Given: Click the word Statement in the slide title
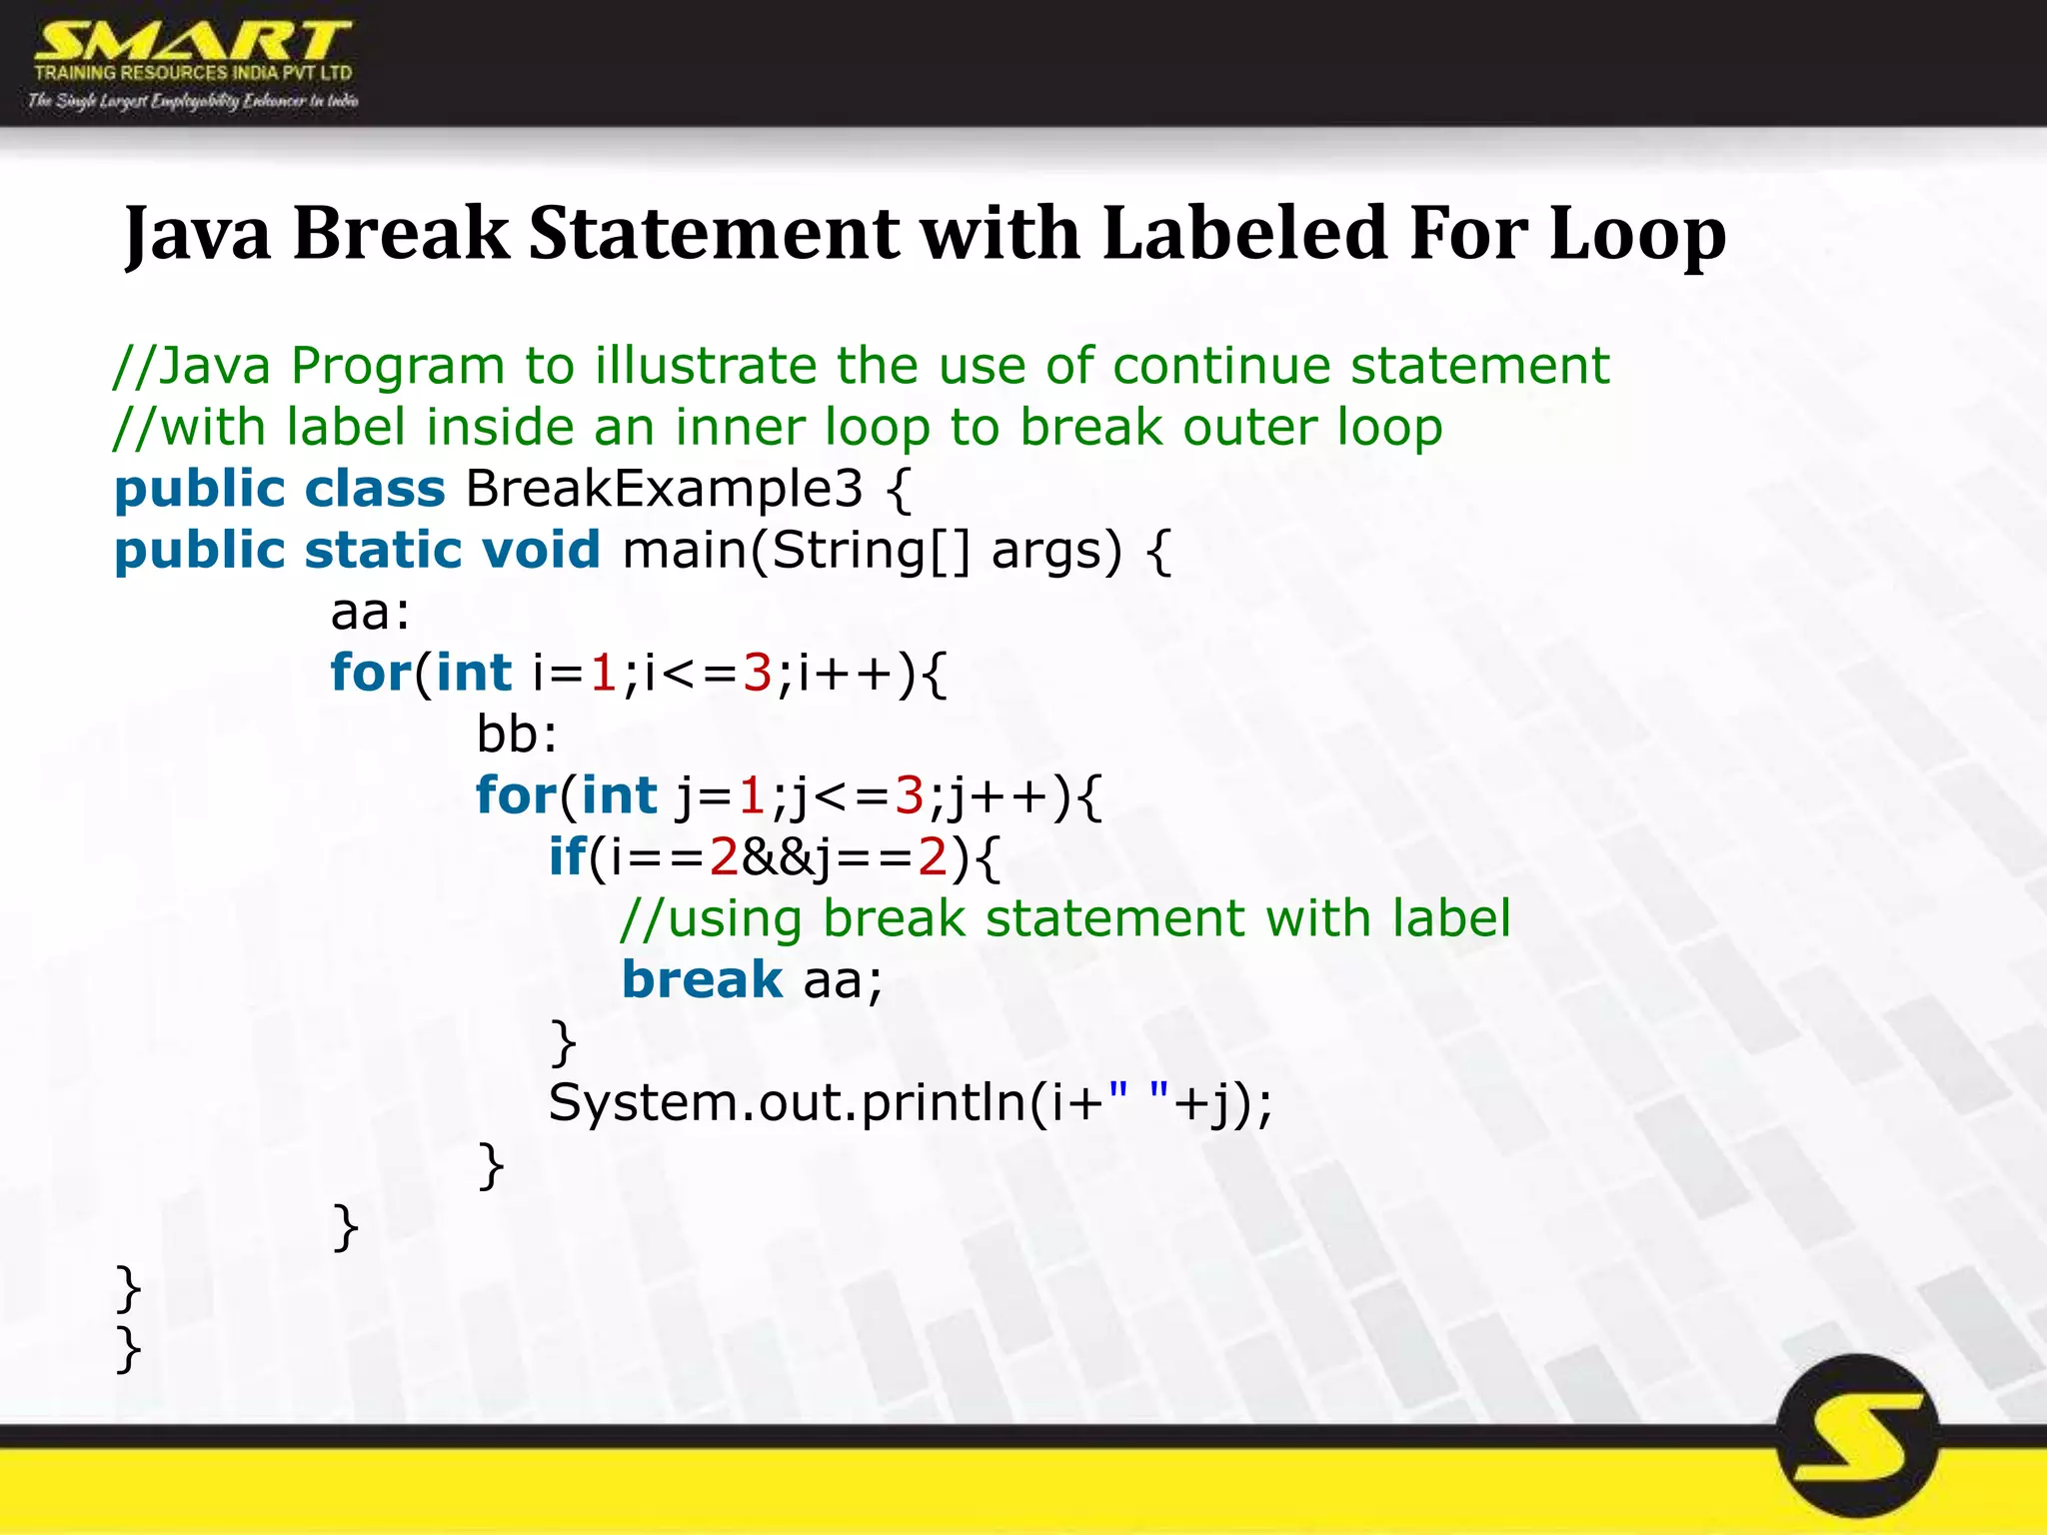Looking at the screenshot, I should coord(714,234).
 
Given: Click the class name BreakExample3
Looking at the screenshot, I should coord(664,490).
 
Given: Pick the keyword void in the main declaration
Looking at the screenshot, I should coord(541,551).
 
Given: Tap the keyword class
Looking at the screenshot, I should coord(375,490).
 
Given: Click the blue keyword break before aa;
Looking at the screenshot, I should coord(702,980).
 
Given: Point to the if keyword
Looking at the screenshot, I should coord(567,857).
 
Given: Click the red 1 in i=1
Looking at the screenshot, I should coord(603,674).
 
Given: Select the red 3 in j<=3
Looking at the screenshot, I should coord(909,796).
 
